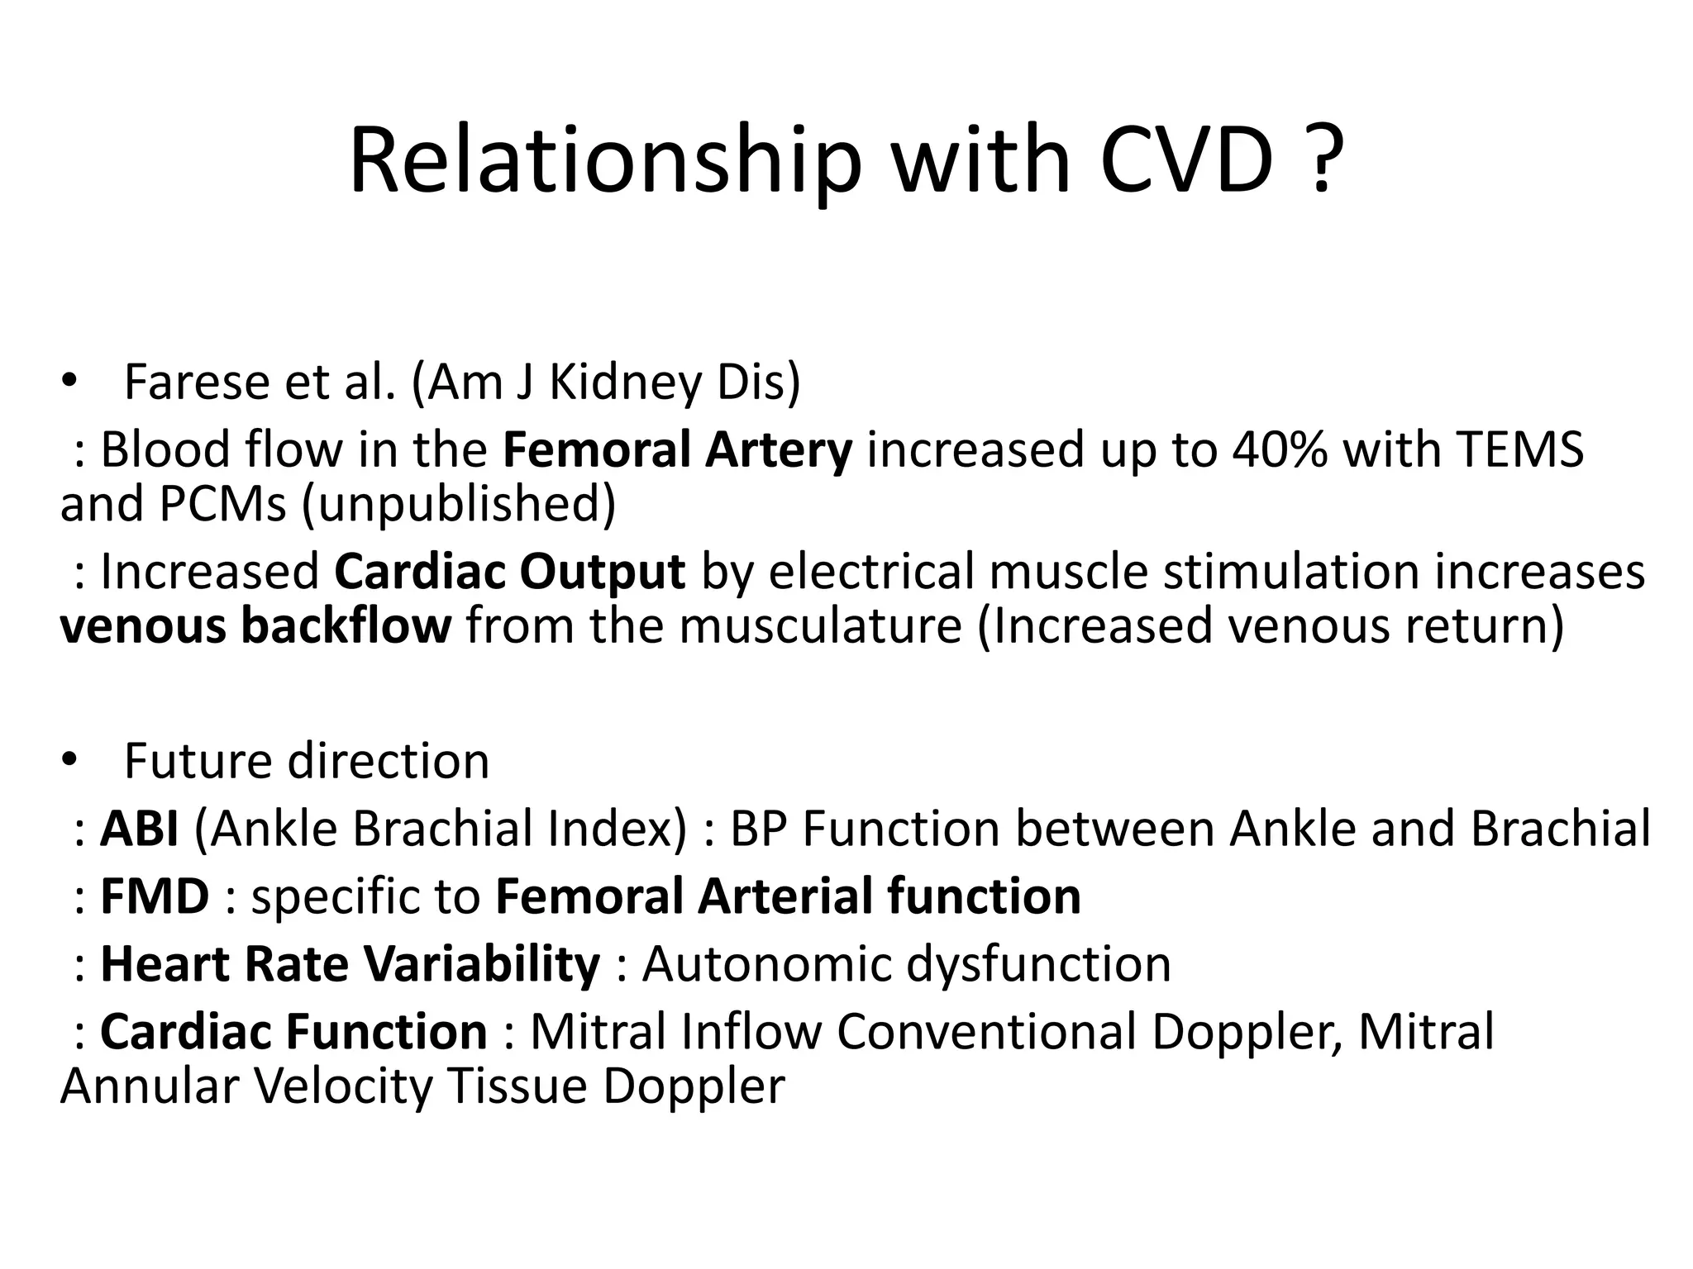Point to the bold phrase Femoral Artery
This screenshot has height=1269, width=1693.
(x=677, y=450)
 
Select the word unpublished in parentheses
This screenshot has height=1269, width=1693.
(x=459, y=504)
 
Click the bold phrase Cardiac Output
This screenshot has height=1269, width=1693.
(x=509, y=572)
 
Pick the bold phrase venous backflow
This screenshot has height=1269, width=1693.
(x=255, y=625)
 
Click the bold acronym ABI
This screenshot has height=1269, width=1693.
(x=139, y=829)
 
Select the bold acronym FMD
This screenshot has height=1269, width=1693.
(x=155, y=896)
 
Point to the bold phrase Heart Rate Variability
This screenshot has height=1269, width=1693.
(x=350, y=964)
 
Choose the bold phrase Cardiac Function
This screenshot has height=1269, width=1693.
(x=293, y=1032)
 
